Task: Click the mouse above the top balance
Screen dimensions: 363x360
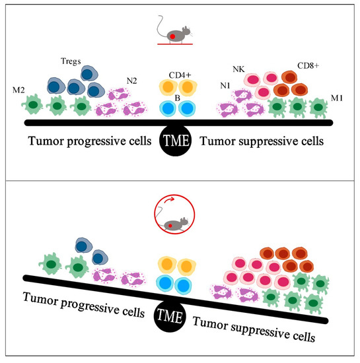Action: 173,31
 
